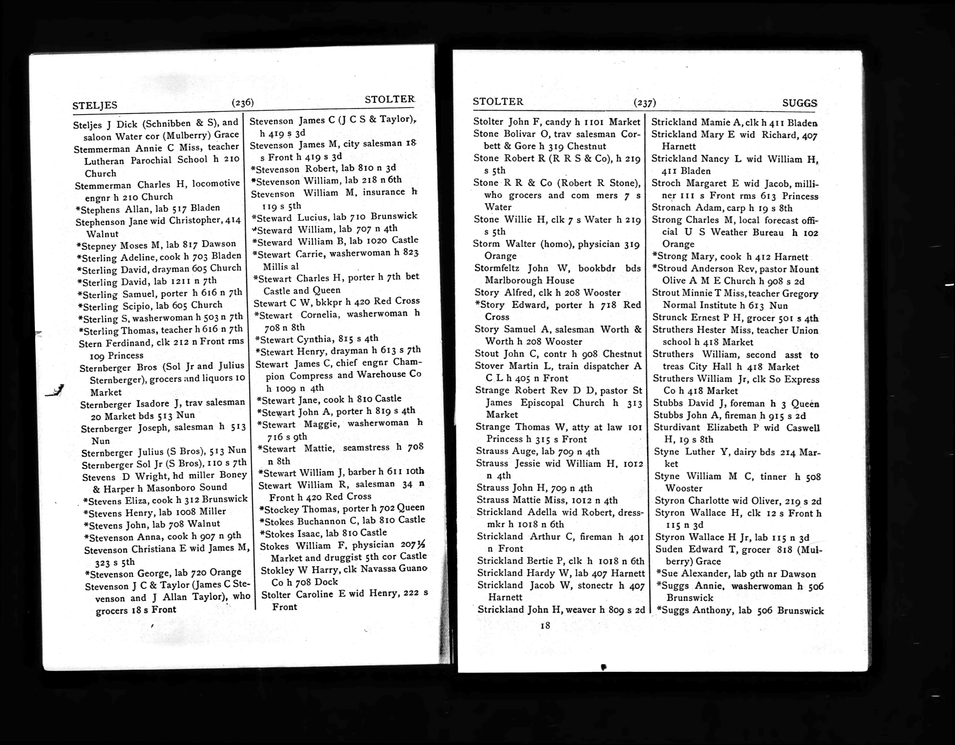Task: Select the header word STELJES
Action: (95, 105)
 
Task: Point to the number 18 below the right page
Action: (545, 625)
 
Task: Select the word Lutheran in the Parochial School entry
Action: (104, 161)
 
